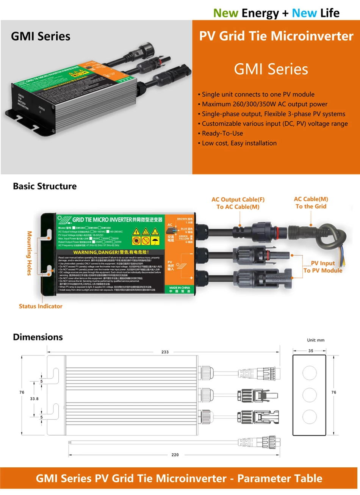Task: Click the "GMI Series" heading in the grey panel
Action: (41, 36)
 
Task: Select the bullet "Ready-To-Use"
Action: (222, 133)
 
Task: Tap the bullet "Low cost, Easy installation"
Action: (239, 143)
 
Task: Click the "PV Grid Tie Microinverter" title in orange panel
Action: (276, 36)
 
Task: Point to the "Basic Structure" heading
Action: (45, 186)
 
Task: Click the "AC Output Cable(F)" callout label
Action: (238, 199)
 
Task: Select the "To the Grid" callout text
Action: (311, 206)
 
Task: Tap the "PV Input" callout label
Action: (323, 263)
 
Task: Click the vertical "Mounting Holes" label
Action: (30, 253)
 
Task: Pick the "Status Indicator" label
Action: (41, 306)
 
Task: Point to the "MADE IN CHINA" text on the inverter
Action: (180, 288)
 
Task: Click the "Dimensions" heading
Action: (38, 337)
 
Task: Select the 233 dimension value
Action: (165, 352)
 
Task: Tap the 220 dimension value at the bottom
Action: (175, 454)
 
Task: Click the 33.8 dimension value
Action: (34, 399)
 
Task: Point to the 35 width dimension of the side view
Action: (311, 351)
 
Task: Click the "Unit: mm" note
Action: (316, 340)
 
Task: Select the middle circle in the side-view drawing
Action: (310, 395)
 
